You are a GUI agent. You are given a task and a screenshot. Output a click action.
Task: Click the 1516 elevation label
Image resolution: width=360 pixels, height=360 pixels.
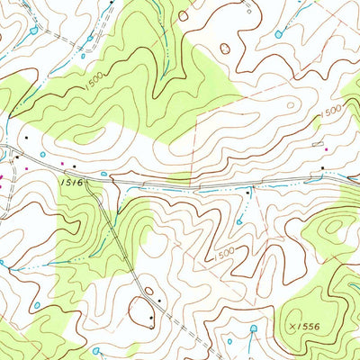pyautogui.click(x=73, y=182)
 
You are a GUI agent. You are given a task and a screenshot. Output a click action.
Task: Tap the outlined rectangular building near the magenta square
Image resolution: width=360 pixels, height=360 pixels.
pyautogui.click(x=315, y=144)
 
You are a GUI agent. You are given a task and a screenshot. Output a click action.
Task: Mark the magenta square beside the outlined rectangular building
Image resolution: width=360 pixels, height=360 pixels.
pyautogui.click(x=326, y=149)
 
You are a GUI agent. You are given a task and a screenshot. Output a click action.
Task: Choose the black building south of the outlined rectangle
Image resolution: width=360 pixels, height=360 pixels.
pyautogui.click(x=322, y=167)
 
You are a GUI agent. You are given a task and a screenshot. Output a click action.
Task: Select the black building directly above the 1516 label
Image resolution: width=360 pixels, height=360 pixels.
pyautogui.click(x=74, y=166)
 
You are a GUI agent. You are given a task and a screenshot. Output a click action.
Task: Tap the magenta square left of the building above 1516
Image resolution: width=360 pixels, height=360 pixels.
pyautogui.click(x=62, y=164)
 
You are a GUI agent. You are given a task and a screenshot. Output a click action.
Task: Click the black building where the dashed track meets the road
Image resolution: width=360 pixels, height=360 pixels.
pyautogui.click(x=249, y=192)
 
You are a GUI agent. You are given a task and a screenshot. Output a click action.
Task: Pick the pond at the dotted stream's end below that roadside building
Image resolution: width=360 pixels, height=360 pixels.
pyautogui.click(x=241, y=221)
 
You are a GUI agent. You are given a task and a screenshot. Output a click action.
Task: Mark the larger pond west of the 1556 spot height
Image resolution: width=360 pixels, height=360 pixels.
pyautogui.click(x=253, y=328)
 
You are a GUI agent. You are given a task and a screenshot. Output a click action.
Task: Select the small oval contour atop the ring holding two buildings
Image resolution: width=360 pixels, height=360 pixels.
pyautogui.click(x=147, y=290)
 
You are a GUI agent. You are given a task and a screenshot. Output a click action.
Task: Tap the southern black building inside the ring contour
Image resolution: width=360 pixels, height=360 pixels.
pyautogui.click(x=150, y=318)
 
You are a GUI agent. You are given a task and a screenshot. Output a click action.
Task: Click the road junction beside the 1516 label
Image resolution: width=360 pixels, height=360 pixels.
pyautogui.click(x=112, y=179)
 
